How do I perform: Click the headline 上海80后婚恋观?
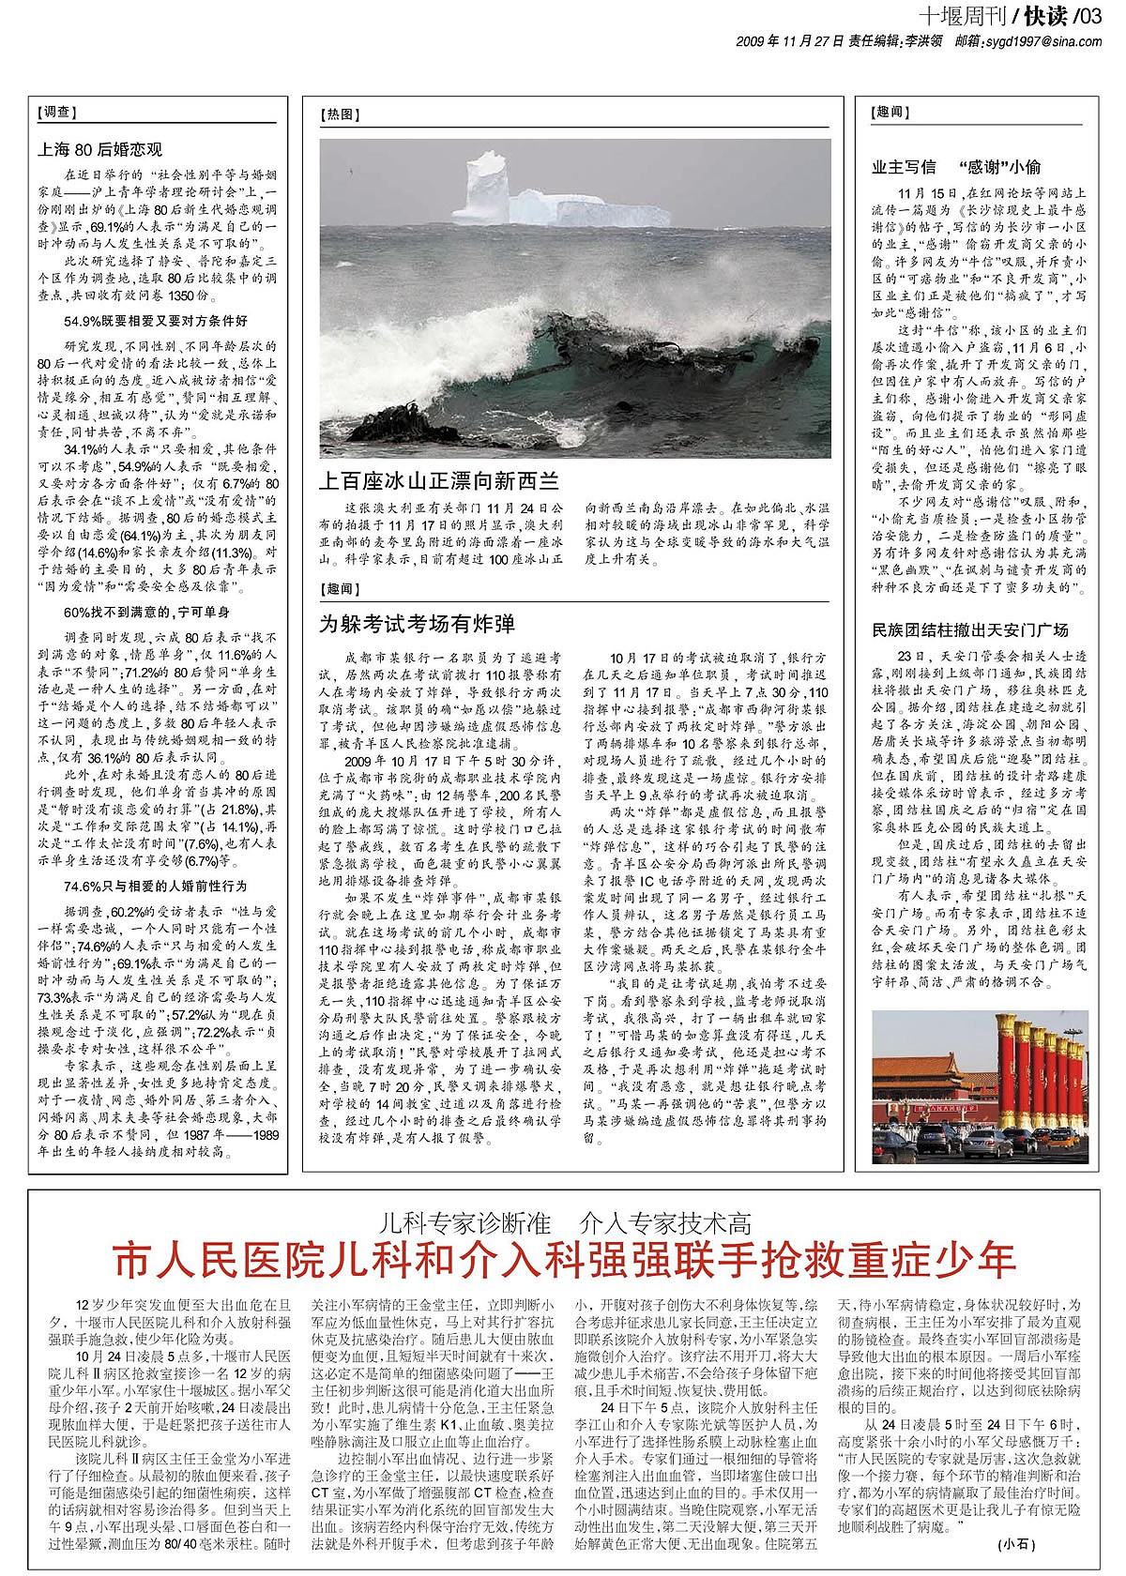[99, 148]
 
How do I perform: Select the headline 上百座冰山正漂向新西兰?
[439, 481]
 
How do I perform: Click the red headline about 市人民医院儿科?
[565, 1257]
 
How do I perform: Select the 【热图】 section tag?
[341, 114]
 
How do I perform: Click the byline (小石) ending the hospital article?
[1016, 1542]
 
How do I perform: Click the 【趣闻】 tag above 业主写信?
[890, 112]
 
